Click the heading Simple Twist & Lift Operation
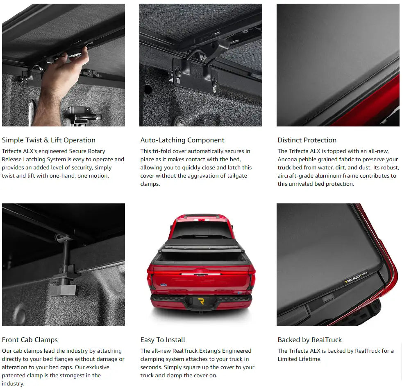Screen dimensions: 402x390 tap(49, 140)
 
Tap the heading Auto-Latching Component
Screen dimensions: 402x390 tap(182, 140)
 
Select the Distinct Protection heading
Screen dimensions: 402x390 tap(307, 140)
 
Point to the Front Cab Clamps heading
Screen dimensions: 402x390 tap(30, 340)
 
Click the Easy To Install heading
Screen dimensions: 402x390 tap(163, 340)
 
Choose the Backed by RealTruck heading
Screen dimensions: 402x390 tap(310, 340)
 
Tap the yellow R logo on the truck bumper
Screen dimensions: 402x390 tap(201, 301)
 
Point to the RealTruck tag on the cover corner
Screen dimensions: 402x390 tap(356, 278)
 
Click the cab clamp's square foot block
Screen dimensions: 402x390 tap(63, 290)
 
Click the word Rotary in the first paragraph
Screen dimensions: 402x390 tap(96, 151)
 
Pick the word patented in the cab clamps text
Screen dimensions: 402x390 tap(13, 375)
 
